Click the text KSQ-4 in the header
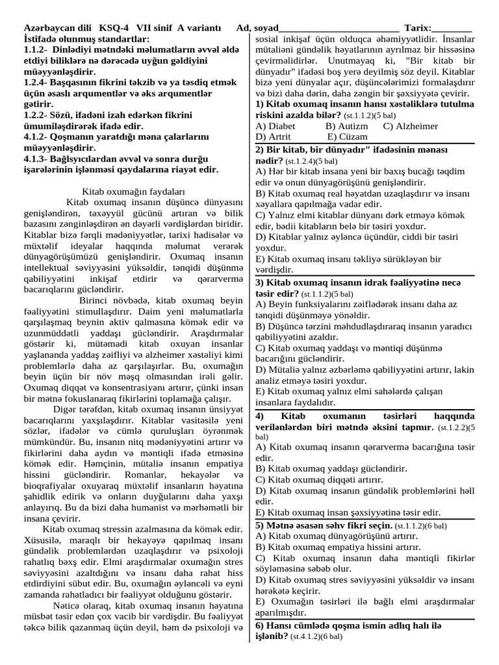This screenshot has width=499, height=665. pyautogui.click(x=115, y=29)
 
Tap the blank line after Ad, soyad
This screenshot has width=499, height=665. pyautogui.click(x=338, y=29)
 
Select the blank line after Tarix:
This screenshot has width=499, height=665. pyautogui.click(x=451, y=29)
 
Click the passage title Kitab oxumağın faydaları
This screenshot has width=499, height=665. pyautogui.click(x=134, y=192)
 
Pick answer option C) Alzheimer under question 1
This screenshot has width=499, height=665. pyautogui.click(x=410, y=126)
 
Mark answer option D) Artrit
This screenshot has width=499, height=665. pyautogui.click(x=274, y=137)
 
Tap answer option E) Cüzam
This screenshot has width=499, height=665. pyautogui.click(x=347, y=137)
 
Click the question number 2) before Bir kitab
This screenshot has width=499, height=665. pyautogui.click(x=260, y=149)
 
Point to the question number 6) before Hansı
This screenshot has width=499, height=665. pyautogui.click(x=260, y=625)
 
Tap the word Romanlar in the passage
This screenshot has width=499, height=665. pyautogui.click(x=144, y=476)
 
